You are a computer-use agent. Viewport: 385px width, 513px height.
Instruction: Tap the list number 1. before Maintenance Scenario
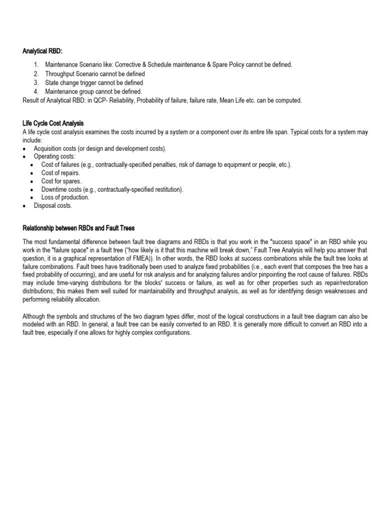(36, 65)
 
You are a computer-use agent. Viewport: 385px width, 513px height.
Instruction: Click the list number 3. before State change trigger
(36, 83)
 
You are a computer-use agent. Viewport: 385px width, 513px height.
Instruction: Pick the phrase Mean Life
(257, 100)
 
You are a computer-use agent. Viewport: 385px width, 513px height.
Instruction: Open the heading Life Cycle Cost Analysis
(53, 123)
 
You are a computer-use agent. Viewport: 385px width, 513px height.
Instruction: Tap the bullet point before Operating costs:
(25, 157)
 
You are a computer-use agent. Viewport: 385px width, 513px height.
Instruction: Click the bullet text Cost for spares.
(61, 181)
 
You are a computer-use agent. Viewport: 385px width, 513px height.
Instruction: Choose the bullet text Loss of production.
(65, 197)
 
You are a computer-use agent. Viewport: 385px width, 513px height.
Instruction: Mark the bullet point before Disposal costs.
(25, 206)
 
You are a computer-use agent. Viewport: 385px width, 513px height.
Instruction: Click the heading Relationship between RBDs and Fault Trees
(79, 228)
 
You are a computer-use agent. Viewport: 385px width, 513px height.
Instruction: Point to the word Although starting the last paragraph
(35, 317)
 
